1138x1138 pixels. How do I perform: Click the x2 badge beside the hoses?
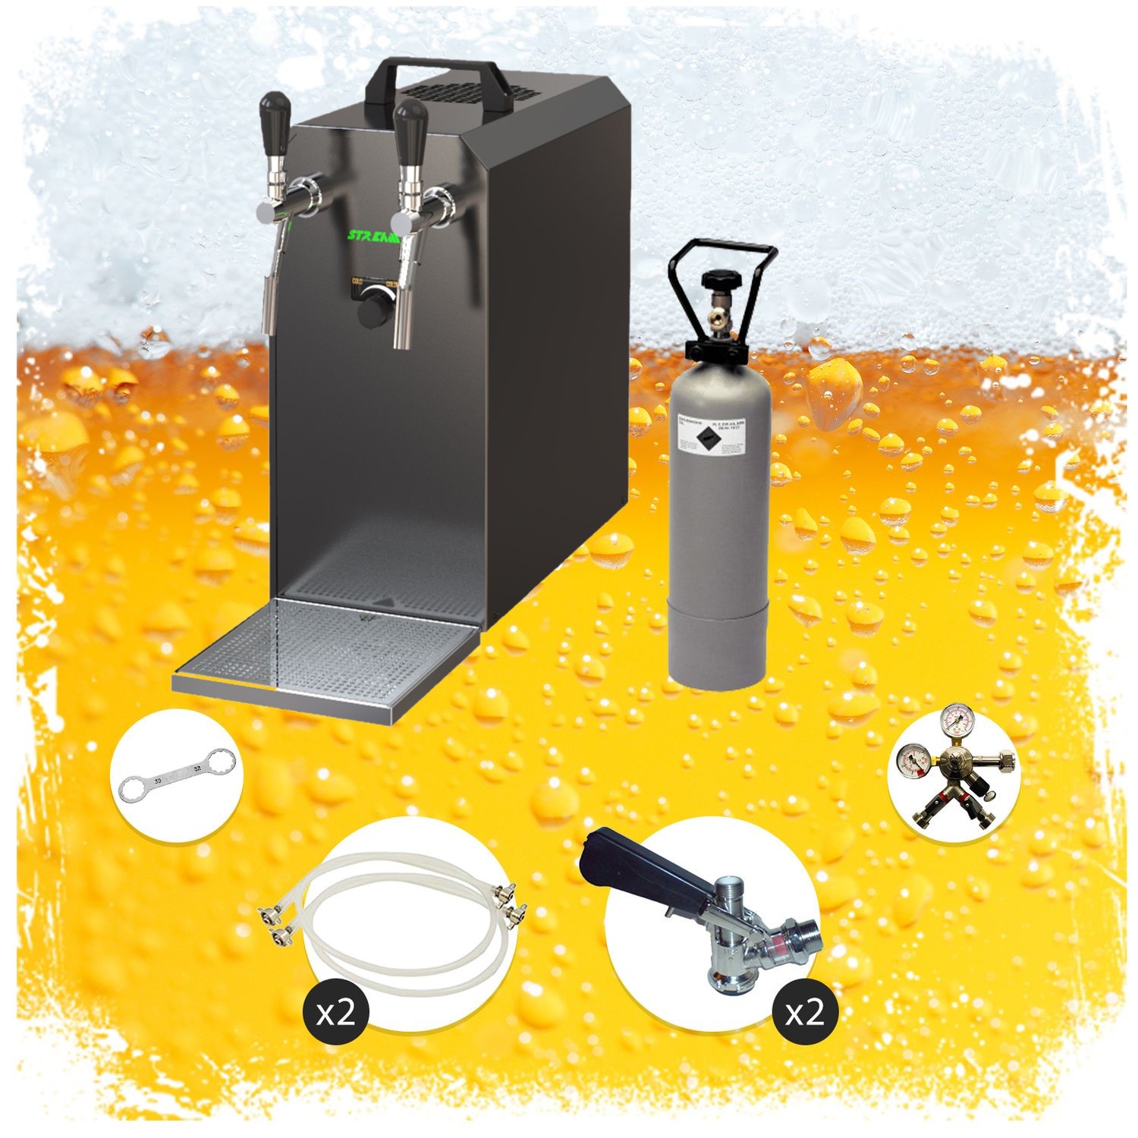[x=335, y=1012]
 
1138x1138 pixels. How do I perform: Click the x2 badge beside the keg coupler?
[x=804, y=1012]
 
